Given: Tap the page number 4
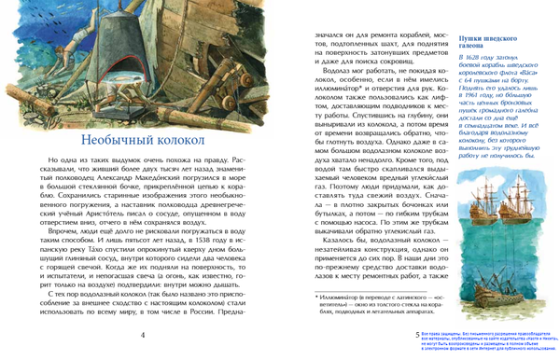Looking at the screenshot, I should click(x=142, y=335).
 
